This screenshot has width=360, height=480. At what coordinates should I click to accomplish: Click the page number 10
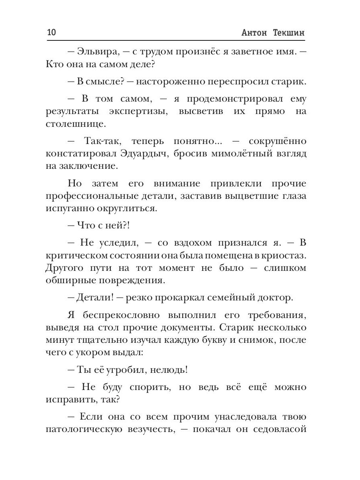click(52, 33)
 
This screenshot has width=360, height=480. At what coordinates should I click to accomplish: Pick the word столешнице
click(70, 124)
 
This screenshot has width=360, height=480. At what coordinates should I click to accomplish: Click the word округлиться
click(124, 209)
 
